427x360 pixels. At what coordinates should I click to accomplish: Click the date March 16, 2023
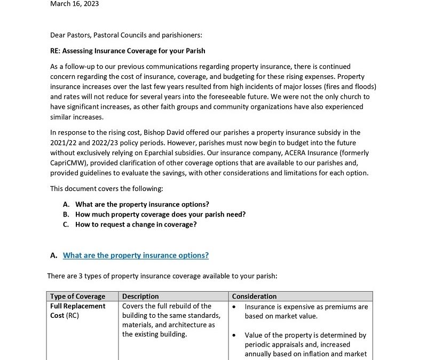(74, 4)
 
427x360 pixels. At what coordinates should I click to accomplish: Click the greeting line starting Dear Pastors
(126, 36)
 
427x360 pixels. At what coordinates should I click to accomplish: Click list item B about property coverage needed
(160, 214)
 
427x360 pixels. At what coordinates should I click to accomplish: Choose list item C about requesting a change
(136, 225)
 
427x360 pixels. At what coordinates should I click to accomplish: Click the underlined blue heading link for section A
(136, 255)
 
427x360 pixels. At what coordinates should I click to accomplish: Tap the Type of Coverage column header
(77, 297)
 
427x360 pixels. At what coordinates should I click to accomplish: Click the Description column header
(140, 297)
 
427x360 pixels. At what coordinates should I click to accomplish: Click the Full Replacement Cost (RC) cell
(77, 311)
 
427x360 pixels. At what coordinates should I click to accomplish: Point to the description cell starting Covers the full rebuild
(169, 320)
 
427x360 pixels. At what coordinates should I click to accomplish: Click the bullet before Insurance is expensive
(235, 307)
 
